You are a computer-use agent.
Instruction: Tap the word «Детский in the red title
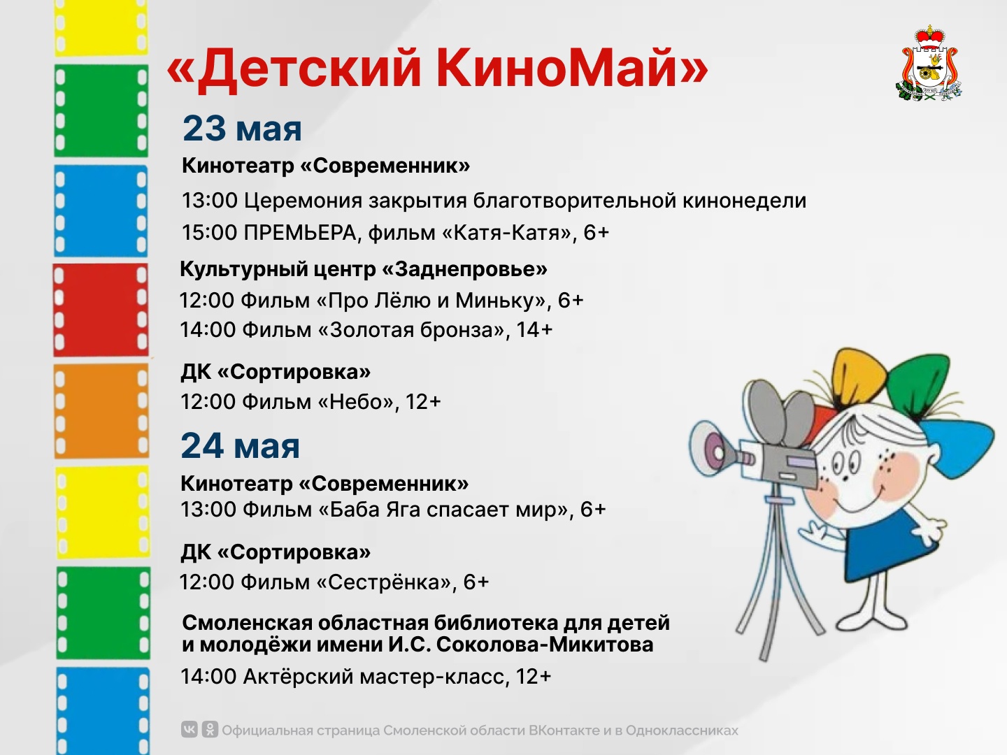(x=294, y=69)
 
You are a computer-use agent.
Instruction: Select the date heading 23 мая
(x=242, y=129)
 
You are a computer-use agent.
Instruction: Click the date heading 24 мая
(x=241, y=446)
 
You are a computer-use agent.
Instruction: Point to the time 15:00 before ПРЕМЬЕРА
(x=209, y=233)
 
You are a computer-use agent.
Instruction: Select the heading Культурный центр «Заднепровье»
(x=364, y=269)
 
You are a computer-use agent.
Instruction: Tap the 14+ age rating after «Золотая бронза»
(x=534, y=329)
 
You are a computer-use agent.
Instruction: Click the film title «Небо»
(x=356, y=402)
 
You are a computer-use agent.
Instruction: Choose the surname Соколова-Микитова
(x=545, y=645)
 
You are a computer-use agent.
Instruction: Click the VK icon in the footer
(x=189, y=729)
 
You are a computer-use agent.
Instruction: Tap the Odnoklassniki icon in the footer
(x=210, y=729)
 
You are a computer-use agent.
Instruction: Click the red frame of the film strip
(x=101, y=310)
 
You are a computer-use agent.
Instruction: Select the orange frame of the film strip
(x=101, y=411)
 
